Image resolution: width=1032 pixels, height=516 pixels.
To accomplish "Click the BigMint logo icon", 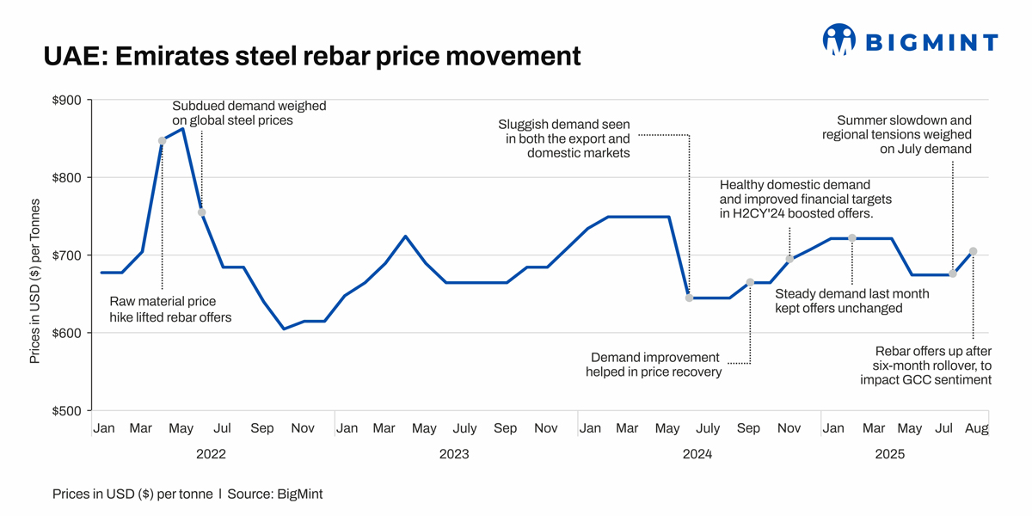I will coord(838,40).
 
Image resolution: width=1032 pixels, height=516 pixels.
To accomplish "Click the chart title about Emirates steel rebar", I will coord(312,57).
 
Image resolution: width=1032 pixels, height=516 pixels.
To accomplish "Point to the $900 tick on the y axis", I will coord(67,101).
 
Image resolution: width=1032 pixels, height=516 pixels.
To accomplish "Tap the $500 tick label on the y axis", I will coord(67,410).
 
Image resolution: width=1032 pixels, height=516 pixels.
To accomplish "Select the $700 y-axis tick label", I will coord(67,255).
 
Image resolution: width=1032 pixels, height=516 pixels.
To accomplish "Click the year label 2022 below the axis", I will coord(211,454).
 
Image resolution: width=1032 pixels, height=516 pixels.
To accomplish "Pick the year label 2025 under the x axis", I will coord(889,454).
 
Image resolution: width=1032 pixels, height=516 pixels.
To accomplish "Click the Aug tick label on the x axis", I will coord(976,428).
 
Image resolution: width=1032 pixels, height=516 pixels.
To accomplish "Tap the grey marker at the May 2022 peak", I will coord(162,140).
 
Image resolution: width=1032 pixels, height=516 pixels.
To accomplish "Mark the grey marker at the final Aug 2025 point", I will coord(973,252).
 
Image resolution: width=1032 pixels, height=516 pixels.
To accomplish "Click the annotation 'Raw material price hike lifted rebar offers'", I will coord(170,310).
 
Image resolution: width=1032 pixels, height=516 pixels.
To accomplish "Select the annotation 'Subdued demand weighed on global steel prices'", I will coord(249,114).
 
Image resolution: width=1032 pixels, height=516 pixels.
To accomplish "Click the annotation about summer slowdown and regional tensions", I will coord(897,135).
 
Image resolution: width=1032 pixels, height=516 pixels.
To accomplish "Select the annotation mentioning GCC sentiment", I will coord(926,365).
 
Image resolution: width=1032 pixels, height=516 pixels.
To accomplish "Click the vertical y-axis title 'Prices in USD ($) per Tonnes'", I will coord(35,281).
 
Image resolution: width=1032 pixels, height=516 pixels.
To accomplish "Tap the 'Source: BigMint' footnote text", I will coord(275,494).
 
